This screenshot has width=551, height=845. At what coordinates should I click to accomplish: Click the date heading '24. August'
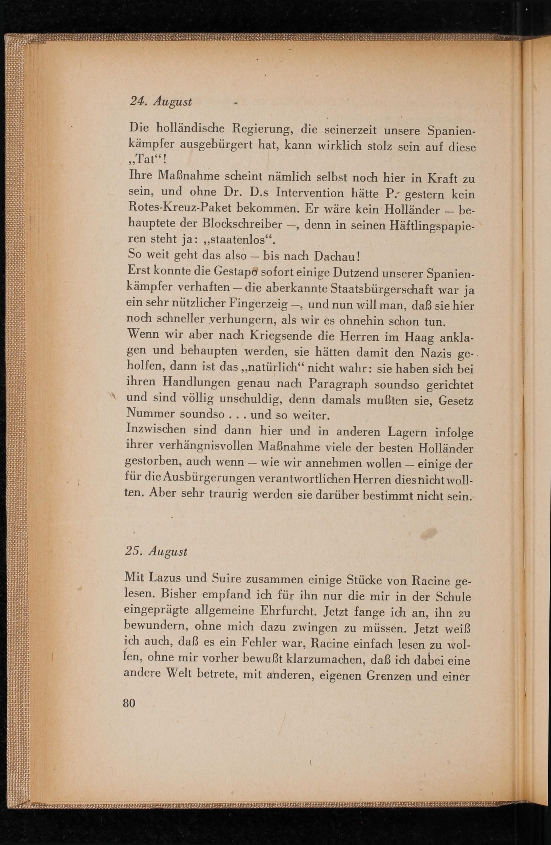(x=161, y=102)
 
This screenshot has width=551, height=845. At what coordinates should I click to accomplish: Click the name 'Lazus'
(x=165, y=578)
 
